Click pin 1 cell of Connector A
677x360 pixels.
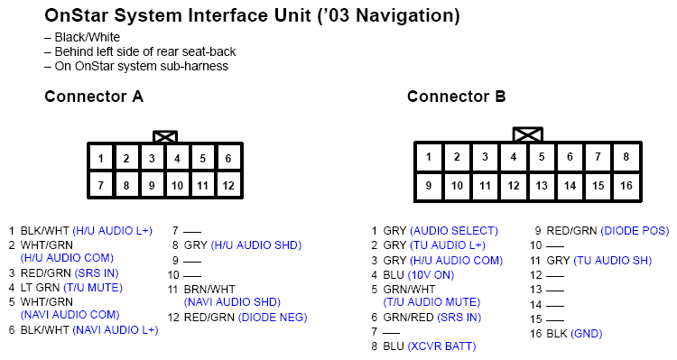(x=101, y=159)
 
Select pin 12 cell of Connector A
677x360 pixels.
(x=228, y=186)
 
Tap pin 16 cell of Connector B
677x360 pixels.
(x=626, y=186)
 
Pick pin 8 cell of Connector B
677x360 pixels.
(x=626, y=157)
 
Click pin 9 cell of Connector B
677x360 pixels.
(x=429, y=186)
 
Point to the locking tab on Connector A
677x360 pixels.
(x=165, y=137)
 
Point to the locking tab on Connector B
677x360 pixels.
(x=527, y=134)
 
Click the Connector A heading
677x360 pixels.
(x=94, y=97)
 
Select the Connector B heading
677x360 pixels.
(x=456, y=97)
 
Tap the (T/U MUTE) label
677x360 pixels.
(x=95, y=287)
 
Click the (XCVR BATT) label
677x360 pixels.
(x=441, y=346)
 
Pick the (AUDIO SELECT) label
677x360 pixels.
(x=453, y=230)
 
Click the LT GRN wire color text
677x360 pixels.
(x=40, y=287)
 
